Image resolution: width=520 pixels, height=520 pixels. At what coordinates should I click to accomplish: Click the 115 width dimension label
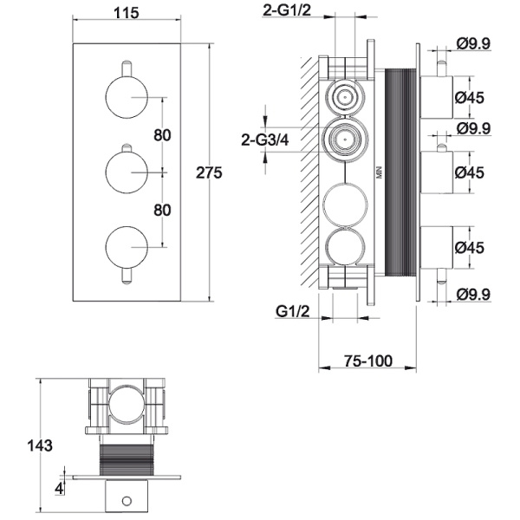tap(127, 13)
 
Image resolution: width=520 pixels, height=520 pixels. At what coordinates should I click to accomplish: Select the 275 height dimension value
tap(209, 172)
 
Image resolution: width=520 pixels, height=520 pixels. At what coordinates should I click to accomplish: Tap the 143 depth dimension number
tap(40, 445)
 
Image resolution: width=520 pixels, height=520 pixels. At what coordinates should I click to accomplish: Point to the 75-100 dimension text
tap(367, 361)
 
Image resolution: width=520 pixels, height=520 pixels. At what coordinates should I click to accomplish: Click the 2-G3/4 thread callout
tap(264, 140)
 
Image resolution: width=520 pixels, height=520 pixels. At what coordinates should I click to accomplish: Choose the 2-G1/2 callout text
tap(287, 10)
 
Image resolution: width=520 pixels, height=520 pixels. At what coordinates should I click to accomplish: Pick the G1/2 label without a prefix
tap(293, 311)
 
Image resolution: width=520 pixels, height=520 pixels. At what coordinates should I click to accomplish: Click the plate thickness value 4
tap(59, 489)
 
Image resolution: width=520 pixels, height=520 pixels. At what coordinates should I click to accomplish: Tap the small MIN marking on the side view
tap(380, 172)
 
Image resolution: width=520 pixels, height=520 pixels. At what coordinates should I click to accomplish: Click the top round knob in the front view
tap(127, 97)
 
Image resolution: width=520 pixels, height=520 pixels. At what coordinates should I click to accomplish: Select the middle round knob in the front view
tap(127, 172)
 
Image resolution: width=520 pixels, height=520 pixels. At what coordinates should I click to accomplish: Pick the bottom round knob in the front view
tap(127, 247)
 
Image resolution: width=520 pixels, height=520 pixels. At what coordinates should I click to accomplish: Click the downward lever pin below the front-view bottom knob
tap(127, 276)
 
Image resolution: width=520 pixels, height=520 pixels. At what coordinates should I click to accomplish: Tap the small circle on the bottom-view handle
tap(127, 501)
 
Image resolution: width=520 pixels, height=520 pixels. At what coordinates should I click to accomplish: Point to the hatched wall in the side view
tap(309, 172)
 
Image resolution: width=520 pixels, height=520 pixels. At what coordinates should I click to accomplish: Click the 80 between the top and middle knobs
tap(162, 135)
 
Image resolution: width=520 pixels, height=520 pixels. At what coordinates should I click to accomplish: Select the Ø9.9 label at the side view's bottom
tap(473, 295)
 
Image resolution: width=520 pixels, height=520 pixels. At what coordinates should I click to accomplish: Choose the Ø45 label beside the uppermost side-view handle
tap(470, 97)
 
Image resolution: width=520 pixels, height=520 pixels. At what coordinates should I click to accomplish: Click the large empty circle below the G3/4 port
tap(345, 205)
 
